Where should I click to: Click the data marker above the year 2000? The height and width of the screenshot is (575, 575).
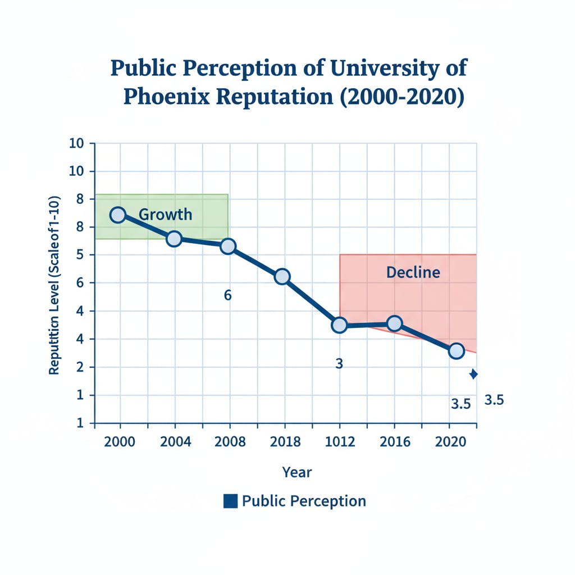(117, 215)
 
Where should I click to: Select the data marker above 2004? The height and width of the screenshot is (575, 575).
(174, 239)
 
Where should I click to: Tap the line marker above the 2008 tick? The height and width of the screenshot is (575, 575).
(228, 246)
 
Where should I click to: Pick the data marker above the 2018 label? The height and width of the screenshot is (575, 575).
(282, 276)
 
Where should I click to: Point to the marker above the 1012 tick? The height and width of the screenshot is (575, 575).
(339, 325)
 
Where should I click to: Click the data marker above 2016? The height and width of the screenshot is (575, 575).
(394, 323)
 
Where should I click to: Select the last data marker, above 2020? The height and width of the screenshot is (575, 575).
(457, 352)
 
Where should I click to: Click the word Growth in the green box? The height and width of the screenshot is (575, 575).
(165, 215)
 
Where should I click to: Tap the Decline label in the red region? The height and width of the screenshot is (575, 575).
(413, 273)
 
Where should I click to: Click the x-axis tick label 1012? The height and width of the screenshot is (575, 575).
(340, 442)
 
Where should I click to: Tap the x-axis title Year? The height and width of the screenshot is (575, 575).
(296, 472)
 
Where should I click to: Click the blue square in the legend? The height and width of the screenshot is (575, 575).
(230, 501)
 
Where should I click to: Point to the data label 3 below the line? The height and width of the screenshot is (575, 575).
(339, 364)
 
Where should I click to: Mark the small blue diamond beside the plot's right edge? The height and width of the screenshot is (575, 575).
(473, 374)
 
